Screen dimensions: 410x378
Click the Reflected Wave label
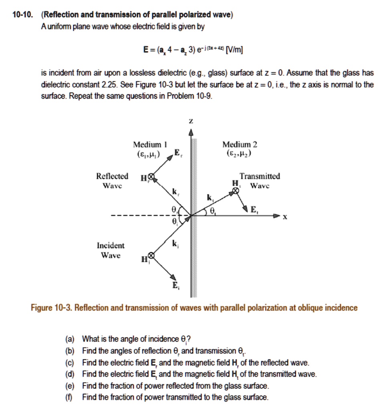point(112,181)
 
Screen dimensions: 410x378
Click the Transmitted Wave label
point(259,181)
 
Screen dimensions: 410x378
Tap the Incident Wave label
point(110,250)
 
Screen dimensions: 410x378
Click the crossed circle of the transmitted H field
point(236,191)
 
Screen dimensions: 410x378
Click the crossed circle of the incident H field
point(151,255)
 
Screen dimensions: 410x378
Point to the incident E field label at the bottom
point(174,287)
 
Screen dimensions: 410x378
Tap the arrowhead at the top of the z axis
point(191,133)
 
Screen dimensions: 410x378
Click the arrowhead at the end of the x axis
point(276,216)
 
